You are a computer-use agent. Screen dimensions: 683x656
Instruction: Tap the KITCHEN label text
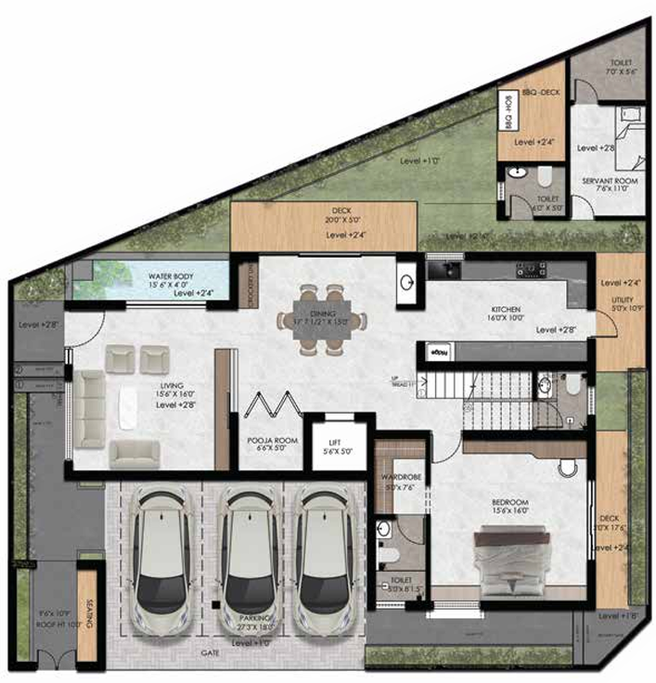point(507,309)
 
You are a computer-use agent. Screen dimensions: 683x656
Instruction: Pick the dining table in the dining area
point(321,321)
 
